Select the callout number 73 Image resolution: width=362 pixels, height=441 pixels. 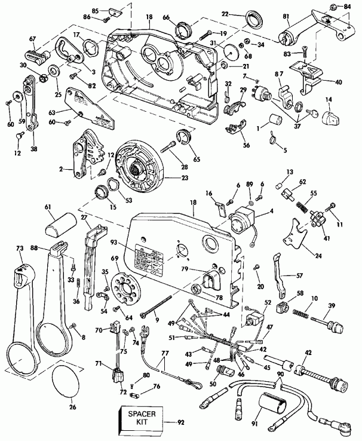[19, 247]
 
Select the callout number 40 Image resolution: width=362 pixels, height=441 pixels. [339, 82]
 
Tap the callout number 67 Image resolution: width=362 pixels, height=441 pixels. [33, 39]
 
